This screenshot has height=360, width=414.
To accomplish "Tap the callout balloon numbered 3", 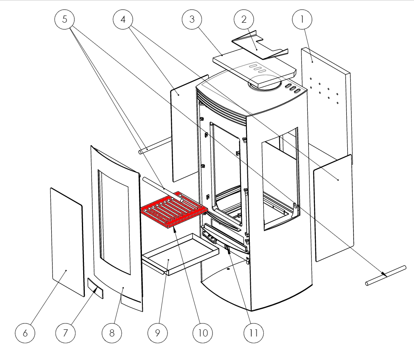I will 192,20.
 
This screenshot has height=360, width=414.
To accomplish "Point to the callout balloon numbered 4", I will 123,20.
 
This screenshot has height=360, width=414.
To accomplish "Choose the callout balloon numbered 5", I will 64,20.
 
